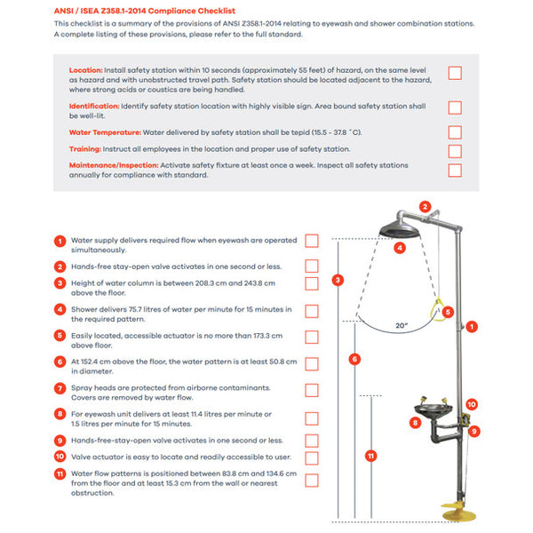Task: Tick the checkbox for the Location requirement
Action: tap(455, 73)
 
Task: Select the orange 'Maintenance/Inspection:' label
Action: tap(114, 165)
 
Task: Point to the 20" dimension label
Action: tap(402, 326)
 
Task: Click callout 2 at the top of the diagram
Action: tap(425, 207)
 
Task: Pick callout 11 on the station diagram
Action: tap(371, 456)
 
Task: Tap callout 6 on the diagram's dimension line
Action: tap(355, 359)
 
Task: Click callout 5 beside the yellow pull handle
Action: tap(448, 312)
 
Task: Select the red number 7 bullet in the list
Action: tap(60, 389)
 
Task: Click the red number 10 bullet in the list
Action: tap(60, 457)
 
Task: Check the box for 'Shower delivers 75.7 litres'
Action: tap(312, 311)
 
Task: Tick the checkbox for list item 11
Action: tap(312, 481)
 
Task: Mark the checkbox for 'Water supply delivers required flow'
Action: tap(312, 241)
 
